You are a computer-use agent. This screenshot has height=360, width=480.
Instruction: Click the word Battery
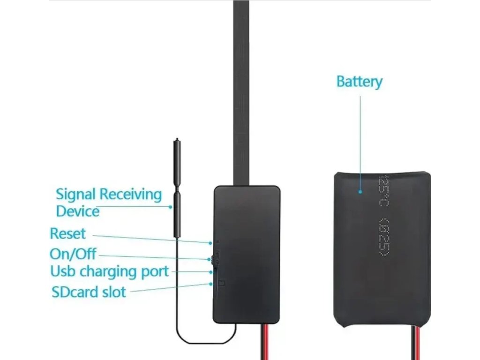pyautogui.click(x=359, y=82)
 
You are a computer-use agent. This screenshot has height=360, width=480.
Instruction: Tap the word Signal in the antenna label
pyautogui.click(x=76, y=194)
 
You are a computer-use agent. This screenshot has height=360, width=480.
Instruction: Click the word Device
pyautogui.click(x=77, y=211)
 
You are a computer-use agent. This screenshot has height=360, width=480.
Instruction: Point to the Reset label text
pyautogui.click(x=67, y=233)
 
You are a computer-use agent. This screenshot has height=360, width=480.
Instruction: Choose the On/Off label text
pyautogui.click(x=73, y=254)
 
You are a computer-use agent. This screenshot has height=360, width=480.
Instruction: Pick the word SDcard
pyautogui.click(x=75, y=292)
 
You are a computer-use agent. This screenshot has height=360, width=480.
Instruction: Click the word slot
pyautogui.click(x=114, y=292)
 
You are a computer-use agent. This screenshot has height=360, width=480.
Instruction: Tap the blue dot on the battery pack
pyautogui.click(x=360, y=191)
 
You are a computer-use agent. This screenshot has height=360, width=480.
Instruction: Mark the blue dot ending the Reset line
pyautogui.click(x=210, y=243)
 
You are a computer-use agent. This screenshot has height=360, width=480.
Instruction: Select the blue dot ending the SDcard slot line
pyautogui.click(x=210, y=284)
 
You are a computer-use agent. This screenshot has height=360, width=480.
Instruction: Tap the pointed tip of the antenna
pyautogui.click(x=177, y=139)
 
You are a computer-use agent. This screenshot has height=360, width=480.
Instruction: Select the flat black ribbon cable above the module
pyautogui.click(x=241, y=94)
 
